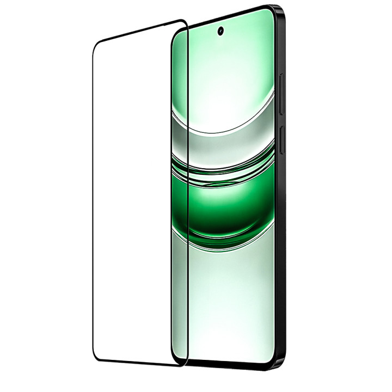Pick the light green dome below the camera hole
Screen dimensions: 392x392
[x=223, y=82]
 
